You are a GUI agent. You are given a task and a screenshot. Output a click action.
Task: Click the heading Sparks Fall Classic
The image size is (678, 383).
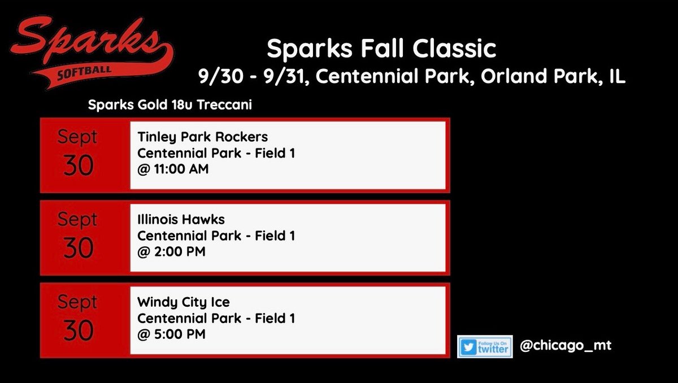pos(381,49)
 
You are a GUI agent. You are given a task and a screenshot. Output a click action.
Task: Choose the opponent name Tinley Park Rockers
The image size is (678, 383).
pos(202,137)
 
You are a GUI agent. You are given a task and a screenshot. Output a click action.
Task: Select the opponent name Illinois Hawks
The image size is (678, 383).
pos(181,220)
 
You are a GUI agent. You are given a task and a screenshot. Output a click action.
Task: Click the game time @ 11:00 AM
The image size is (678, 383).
pos(173,168)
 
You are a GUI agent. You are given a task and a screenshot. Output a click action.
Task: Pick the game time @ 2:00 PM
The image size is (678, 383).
pos(171,251)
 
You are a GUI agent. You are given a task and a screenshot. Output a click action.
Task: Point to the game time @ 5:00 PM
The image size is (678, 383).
pos(171,334)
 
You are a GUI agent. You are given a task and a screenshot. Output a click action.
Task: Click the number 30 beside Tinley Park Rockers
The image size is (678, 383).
pos(78,166)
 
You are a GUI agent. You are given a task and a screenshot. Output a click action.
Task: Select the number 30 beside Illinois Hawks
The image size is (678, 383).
pos(78,249)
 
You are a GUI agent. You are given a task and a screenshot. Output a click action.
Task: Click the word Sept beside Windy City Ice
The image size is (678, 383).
pos(77,302)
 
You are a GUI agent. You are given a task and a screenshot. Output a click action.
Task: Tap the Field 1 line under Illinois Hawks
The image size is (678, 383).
pos(216,236)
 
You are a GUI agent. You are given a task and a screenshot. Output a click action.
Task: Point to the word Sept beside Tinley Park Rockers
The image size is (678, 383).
pos(77,137)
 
